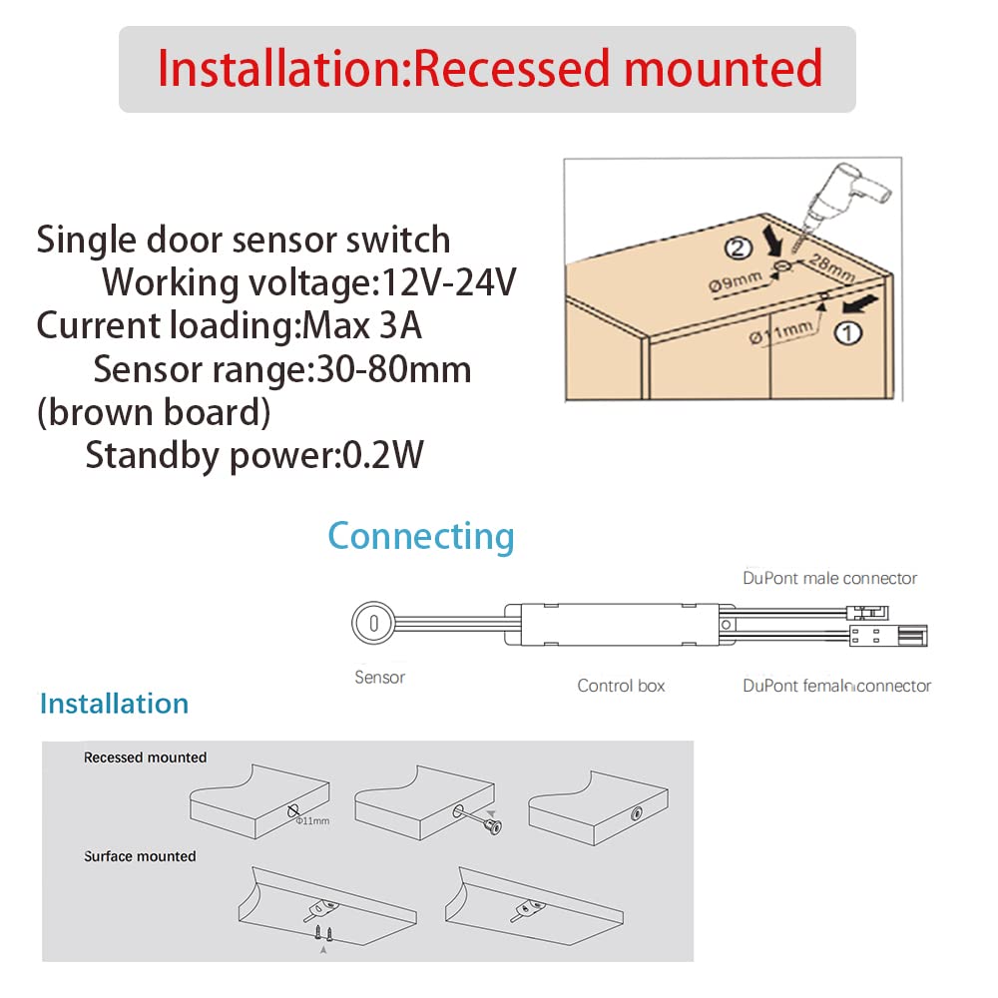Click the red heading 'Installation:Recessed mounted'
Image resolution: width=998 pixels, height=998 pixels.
coord(489,70)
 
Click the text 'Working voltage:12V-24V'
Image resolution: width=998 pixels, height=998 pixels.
coord(308,283)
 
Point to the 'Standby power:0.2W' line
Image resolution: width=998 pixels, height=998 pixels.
coord(254,455)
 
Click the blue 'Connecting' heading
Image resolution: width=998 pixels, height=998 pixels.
coord(421,536)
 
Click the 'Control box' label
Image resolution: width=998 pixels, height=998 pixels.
coord(621,686)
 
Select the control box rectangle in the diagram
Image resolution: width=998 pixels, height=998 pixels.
coord(612,622)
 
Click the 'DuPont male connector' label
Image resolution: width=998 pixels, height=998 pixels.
coord(829,578)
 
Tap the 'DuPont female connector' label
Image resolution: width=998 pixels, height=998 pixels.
coord(836,686)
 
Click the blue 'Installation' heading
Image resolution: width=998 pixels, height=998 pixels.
coord(114,704)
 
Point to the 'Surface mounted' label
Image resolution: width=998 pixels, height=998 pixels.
coord(140,856)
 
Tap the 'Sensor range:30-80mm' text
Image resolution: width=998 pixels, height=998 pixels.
coord(282,370)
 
